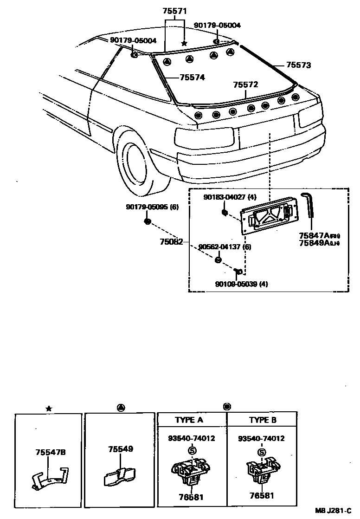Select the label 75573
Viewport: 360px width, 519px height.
(298, 65)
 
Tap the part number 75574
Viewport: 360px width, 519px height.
(193, 78)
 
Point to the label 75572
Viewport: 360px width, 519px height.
(245, 84)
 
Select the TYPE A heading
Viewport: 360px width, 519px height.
(189, 420)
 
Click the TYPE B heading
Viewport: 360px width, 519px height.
(263, 420)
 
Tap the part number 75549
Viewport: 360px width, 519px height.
(121, 449)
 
